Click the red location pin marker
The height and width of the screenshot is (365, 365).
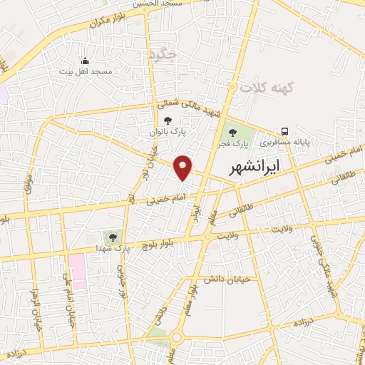184,166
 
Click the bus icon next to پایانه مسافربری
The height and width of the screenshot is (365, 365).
285,131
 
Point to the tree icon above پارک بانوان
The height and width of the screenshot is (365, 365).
168,120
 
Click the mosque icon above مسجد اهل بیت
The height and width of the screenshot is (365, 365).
86,61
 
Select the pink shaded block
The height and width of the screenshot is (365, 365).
77,271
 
